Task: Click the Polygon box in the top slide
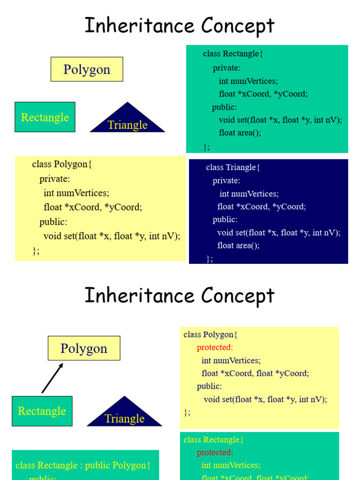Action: coord(87,69)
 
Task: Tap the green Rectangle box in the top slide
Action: coord(45,117)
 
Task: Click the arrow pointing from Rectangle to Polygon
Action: coord(52,378)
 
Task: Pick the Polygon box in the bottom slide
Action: coord(84,348)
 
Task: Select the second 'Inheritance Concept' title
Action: coord(180,295)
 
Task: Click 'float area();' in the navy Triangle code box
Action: coord(238,245)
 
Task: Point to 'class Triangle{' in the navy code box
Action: coord(232,167)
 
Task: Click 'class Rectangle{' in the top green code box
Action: coord(233,53)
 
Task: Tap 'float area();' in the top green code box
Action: coord(240,133)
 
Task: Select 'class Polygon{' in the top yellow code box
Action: coord(62,164)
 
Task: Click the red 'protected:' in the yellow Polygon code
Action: coord(215,347)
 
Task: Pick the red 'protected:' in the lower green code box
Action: coord(215,452)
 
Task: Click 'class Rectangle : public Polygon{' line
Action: coord(83,465)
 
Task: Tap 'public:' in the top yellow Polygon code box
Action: coord(53,222)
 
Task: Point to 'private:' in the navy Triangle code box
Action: coord(226,180)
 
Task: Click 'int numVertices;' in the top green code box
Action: coord(248,81)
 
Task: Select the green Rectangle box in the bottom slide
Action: coord(42,411)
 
